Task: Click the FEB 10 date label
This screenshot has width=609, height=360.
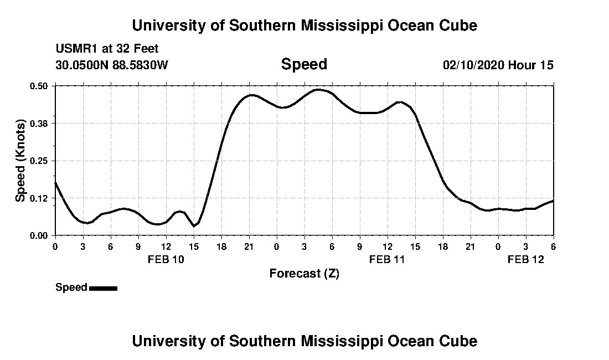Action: click(166, 259)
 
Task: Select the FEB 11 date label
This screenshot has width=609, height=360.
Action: click(388, 259)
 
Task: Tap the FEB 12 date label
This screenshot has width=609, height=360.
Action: click(526, 259)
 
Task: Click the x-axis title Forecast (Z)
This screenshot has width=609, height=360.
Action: click(304, 274)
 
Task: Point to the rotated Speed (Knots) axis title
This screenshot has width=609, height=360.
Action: click(21, 161)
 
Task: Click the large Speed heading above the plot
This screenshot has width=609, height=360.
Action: click(304, 64)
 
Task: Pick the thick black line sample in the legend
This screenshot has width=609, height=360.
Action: click(103, 288)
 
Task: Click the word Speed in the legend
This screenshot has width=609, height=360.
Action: click(71, 287)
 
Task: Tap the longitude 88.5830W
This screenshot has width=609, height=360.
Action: click(141, 65)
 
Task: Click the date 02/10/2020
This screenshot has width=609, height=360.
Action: click(473, 65)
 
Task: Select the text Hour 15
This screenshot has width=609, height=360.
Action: click(531, 65)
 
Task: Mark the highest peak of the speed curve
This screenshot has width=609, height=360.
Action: click(318, 89)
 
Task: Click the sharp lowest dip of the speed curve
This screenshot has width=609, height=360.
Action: click(194, 226)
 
